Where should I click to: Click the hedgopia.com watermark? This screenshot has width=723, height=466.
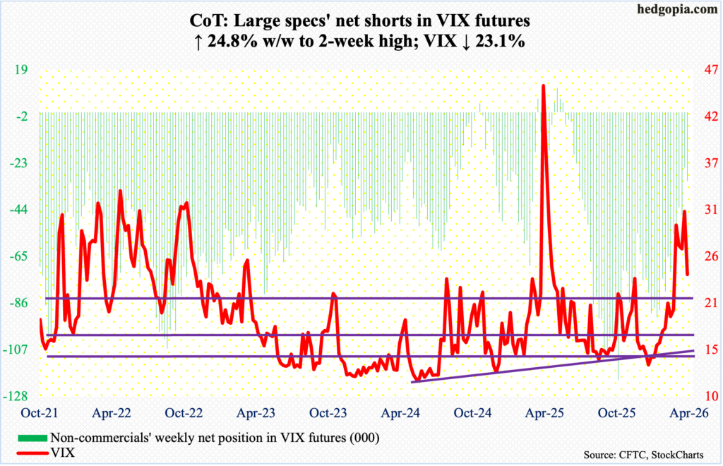tap(681, 10)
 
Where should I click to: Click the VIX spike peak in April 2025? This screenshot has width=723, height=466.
tap(543, 85)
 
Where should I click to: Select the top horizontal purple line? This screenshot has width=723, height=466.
tap(353, 298)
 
